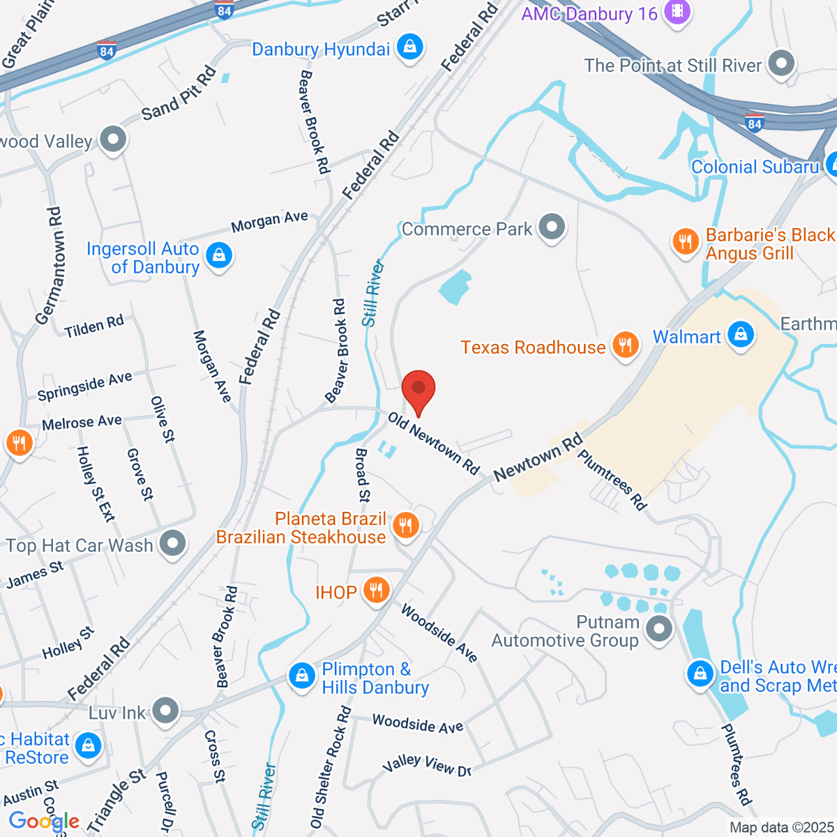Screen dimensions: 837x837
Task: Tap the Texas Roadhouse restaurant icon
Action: (626, 345)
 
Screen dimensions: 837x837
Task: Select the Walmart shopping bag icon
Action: (741, 335)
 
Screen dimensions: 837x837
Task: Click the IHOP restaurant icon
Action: (376, 591)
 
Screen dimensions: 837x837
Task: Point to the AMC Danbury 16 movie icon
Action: (677, 12)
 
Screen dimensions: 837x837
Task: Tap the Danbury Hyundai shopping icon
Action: (409, 47)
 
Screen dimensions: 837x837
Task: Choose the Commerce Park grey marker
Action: (552, 227)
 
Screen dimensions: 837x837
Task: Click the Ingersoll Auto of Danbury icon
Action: (219, 256)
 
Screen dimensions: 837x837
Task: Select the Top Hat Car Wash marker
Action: (172, 543)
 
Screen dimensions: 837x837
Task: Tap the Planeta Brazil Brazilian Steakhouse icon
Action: (405, 525)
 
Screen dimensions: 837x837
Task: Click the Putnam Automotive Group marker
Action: (659, 629)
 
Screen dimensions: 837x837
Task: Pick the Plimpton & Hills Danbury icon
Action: (302, 676)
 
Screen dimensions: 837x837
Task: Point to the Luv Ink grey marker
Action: (165, 711)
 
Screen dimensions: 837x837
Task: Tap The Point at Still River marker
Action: (781, 63)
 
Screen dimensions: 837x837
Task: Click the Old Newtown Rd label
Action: (434, 443)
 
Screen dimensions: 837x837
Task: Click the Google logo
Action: (43, 822)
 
